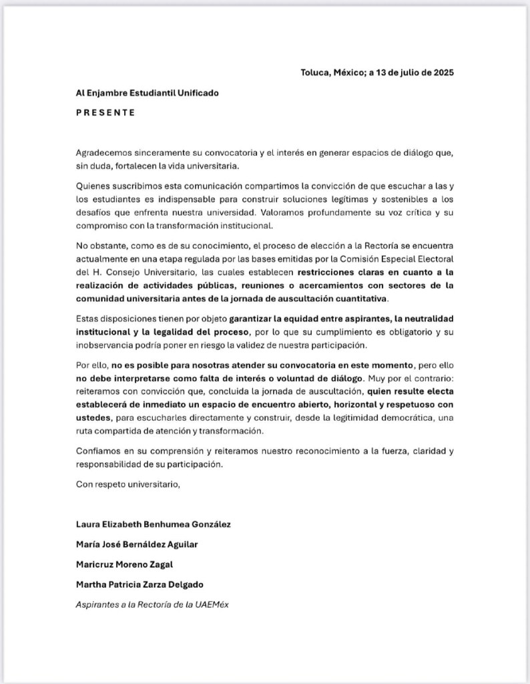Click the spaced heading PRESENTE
point(105,113)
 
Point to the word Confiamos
point(97,451)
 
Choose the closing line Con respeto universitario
point(128,484)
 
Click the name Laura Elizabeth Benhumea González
point(154,524)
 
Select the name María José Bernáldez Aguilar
point(137,544)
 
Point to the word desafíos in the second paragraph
point(91,212)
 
